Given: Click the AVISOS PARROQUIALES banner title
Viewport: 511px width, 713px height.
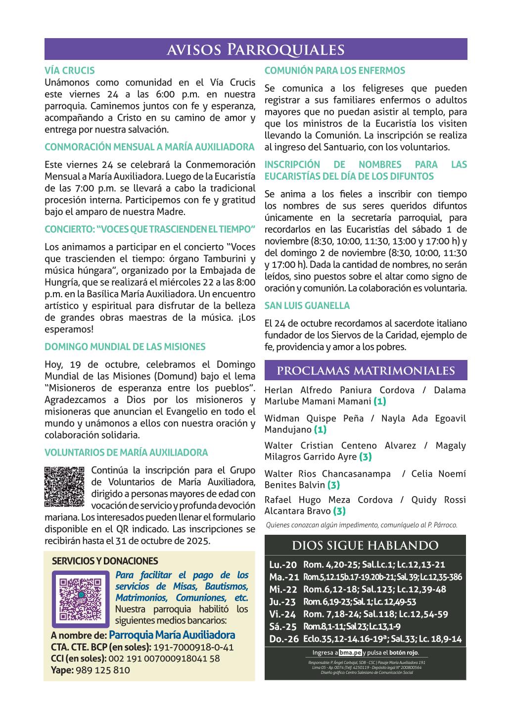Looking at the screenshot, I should (x=255, y=50).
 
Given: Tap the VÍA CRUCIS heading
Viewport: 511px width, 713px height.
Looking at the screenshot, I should (x=69, y=71).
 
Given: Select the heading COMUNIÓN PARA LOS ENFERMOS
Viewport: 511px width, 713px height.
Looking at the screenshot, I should (x=334, y=71).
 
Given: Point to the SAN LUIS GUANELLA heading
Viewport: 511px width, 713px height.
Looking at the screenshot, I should (x=307, y=306).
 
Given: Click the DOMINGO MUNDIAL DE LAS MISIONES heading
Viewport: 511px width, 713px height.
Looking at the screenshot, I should (x=125, y=347).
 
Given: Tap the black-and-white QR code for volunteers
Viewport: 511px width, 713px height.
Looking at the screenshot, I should (x=64, y=487).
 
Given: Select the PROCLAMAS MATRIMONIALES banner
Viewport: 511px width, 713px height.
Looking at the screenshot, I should (x=366, y=371).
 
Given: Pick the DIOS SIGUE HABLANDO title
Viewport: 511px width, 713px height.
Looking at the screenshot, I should (x=366, y=546).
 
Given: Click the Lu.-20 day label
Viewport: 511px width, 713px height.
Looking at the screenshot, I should (x=283, y=565).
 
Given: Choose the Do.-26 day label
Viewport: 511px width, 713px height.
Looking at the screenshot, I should (x=284, y=639).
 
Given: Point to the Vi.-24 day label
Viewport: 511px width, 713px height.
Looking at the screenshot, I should (x=283, y=614).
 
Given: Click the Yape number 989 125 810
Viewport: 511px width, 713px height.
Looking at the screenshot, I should (x=102, y=670).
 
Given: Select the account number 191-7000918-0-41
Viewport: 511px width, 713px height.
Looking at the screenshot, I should (x=194, y=648).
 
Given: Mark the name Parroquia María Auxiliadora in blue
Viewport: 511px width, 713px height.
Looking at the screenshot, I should (x=172, y=635).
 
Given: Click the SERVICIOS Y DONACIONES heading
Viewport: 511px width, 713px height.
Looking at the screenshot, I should (x=105, y=561).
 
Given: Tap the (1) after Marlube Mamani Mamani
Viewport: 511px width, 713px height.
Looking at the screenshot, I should (x=380, y=401).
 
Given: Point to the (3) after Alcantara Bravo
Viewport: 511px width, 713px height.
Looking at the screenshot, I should (x=339, y=511).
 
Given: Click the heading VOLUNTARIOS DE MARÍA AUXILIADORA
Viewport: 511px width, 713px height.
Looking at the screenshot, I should (x=126, y=453).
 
